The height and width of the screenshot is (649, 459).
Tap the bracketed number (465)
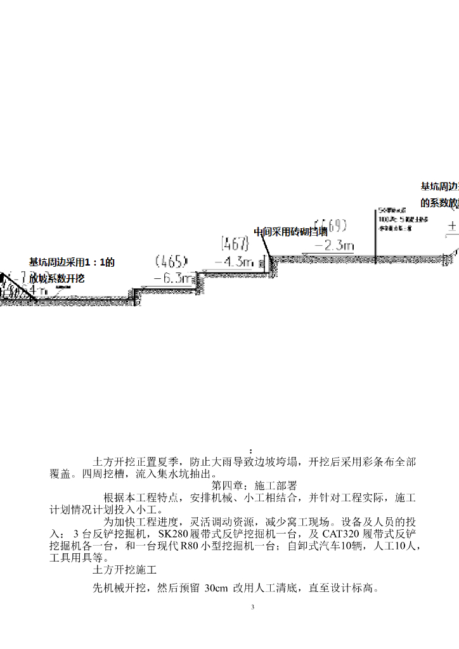171,261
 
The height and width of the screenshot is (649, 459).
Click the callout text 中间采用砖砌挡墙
290,232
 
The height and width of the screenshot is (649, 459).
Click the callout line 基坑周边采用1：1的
72,262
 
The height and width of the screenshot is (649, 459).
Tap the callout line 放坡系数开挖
57,278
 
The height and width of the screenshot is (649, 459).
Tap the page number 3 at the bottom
252,608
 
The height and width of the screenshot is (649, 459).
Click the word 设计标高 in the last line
353,588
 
